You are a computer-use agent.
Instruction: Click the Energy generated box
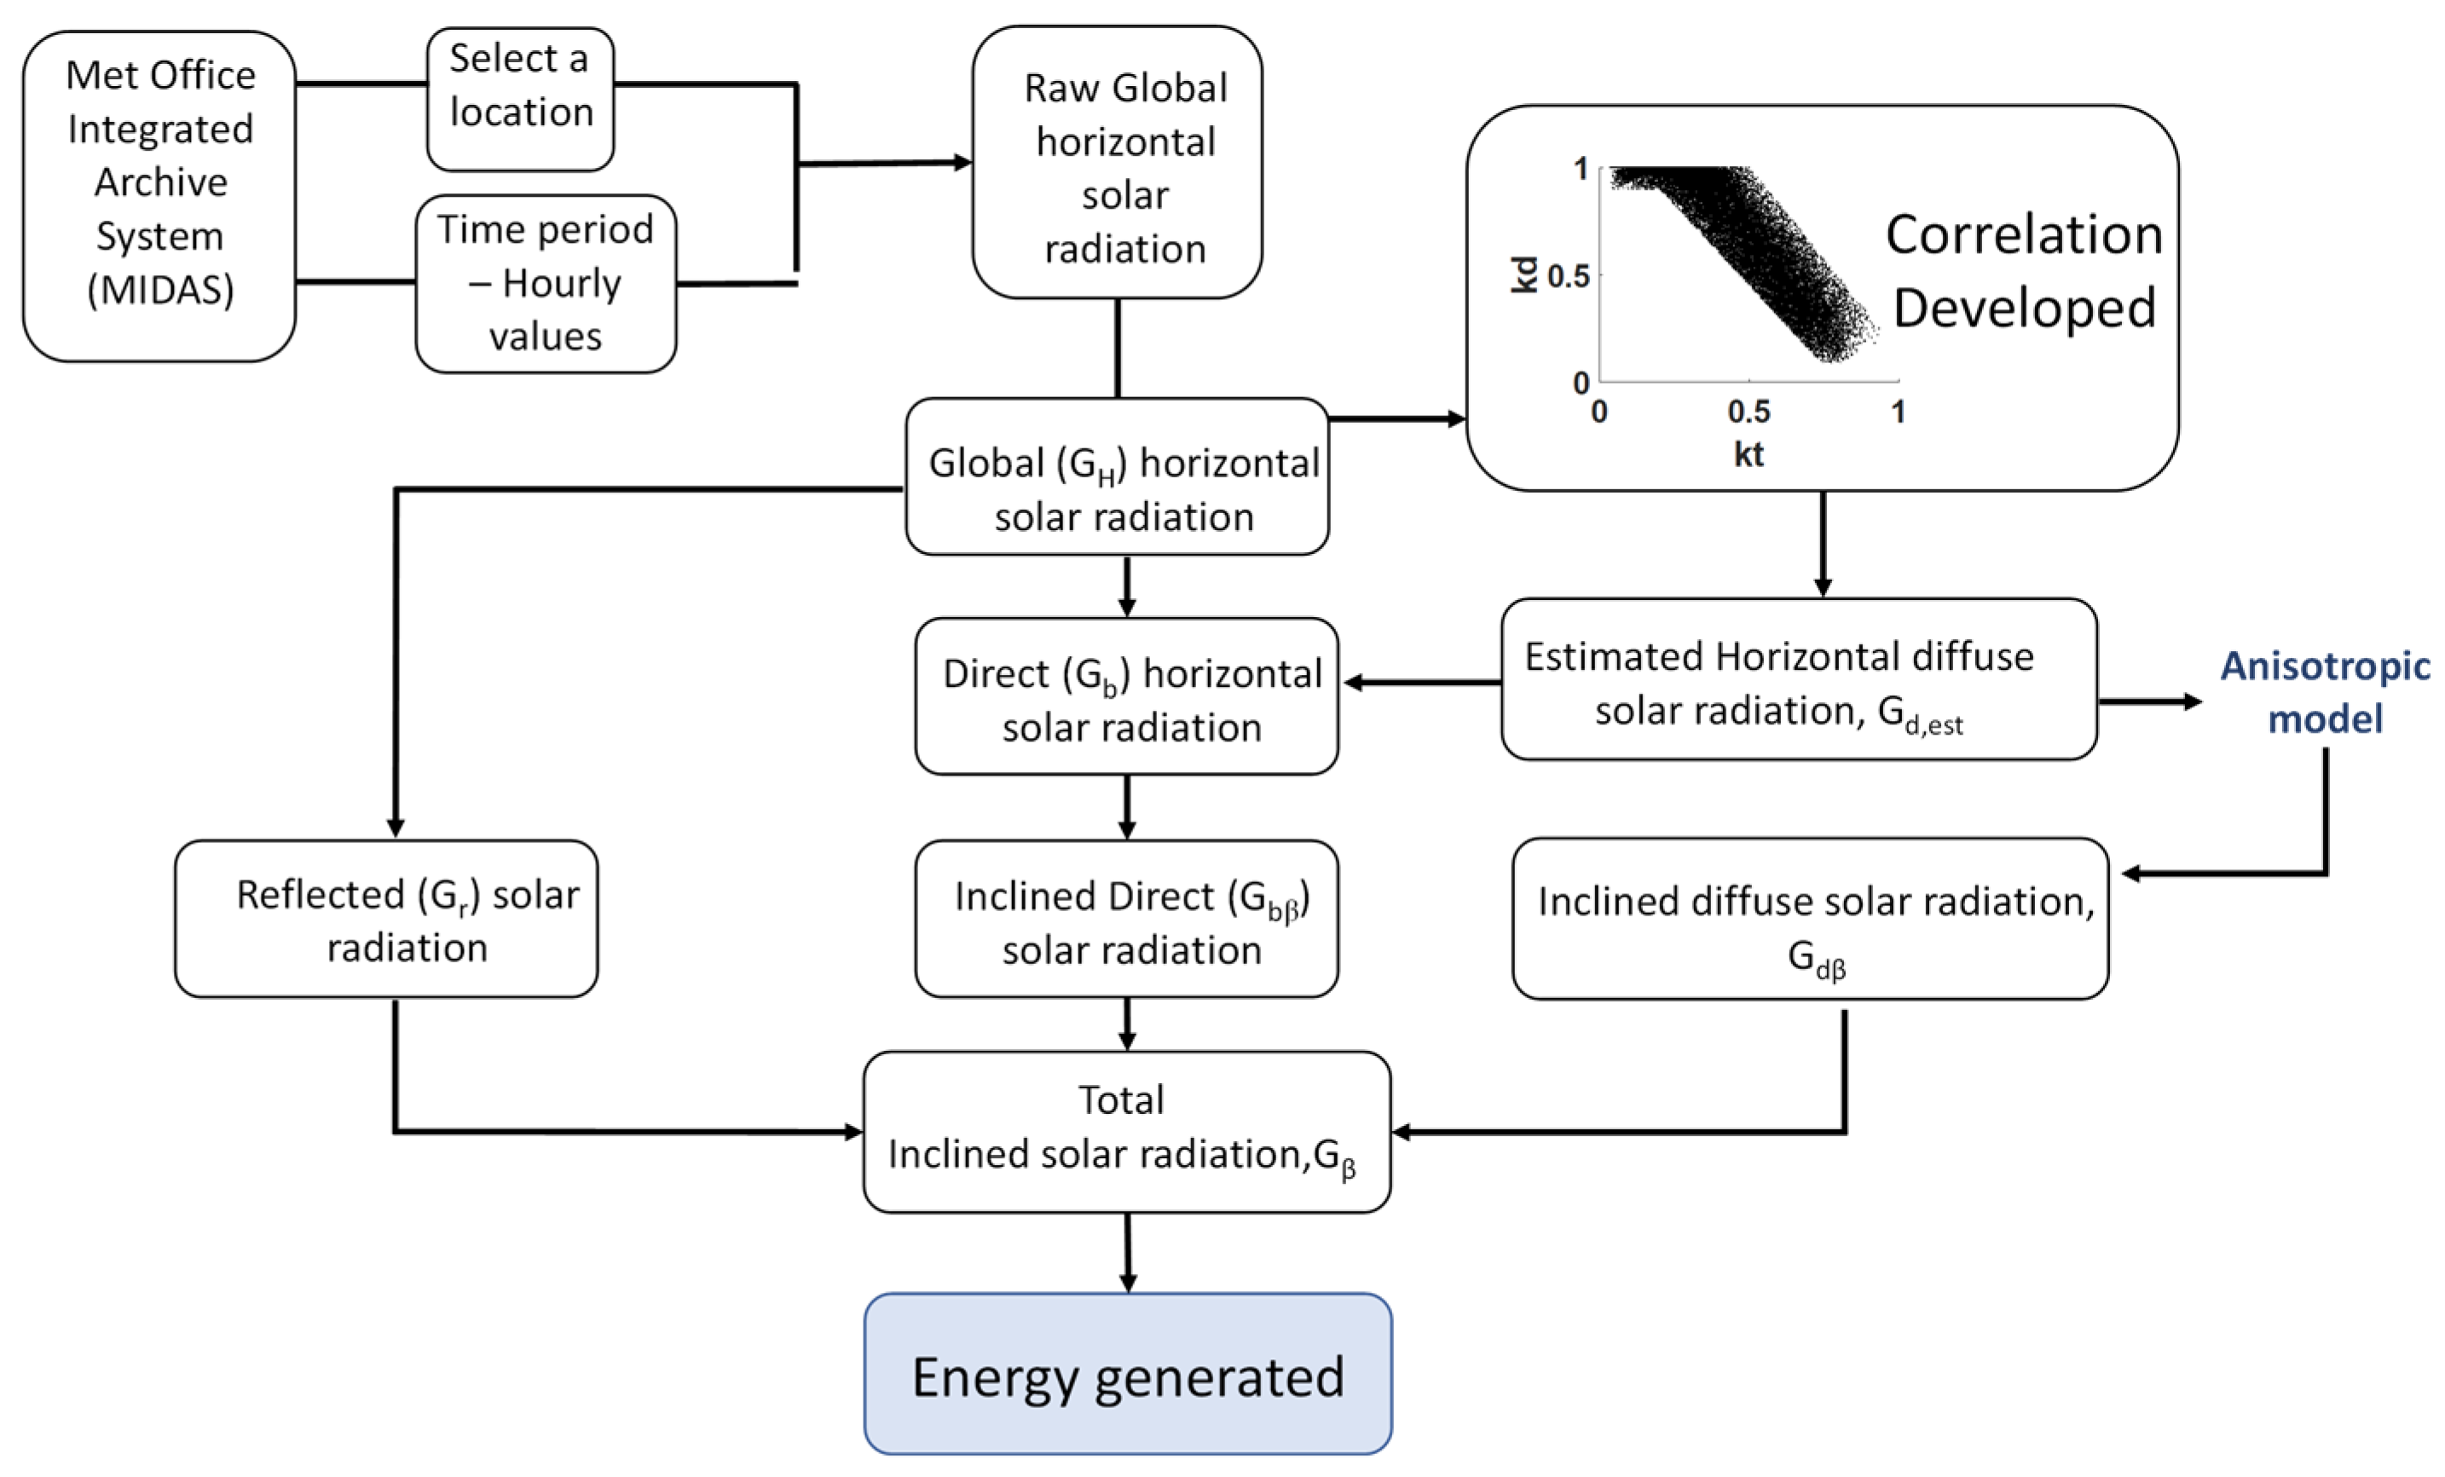click(1127, 1374)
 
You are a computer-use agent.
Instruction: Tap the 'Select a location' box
click(520, 98)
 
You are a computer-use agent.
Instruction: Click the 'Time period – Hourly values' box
click(545, 283)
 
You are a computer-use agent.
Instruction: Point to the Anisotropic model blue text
click(2324, 691)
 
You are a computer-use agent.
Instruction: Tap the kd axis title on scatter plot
click(1523, 274)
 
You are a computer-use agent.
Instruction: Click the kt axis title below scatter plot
click(1748, 454)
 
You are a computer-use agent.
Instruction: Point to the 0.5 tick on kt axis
click(1748, 411)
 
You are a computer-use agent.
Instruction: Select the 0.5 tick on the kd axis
click(1568, 276)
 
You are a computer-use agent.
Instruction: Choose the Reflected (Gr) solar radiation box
click(386, 919)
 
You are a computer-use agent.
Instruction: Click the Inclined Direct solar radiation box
click(1126, 919)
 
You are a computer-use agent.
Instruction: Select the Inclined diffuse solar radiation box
click(1809, 919)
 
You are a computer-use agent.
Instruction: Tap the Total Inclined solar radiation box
click(1126, 1131)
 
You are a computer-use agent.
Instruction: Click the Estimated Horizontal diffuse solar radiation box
click(1798, 679)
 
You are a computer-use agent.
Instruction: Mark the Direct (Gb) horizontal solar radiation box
click(1126, 696)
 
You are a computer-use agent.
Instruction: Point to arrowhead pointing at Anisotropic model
click(2192, 701)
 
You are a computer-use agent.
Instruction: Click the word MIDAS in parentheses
click(159, 290)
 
